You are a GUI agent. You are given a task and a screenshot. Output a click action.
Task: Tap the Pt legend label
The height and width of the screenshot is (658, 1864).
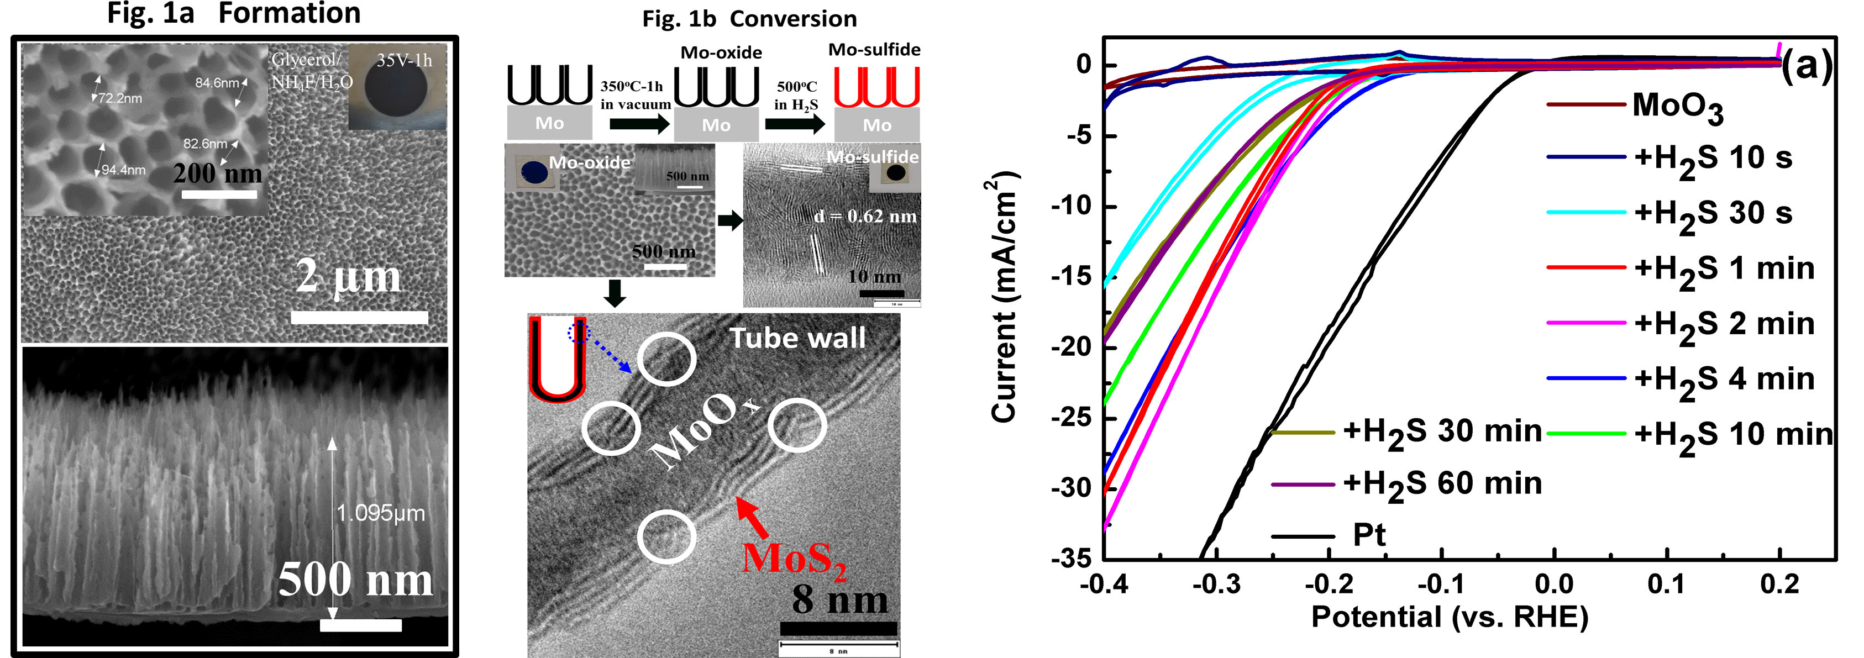[1369, 535]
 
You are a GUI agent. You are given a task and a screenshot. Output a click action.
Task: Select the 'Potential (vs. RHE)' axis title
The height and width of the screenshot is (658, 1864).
[1450, 617]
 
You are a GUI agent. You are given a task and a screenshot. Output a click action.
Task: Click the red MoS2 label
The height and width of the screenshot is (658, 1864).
[794, 559]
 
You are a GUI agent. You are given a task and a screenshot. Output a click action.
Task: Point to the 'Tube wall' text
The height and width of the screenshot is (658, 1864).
[797, 339]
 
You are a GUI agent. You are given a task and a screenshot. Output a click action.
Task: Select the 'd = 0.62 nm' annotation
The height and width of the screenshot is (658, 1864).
[865, 216]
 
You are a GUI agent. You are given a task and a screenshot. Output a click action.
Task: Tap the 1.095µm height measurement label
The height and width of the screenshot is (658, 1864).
[381, 513]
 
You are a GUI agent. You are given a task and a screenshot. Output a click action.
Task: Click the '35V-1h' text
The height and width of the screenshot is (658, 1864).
[405, 61]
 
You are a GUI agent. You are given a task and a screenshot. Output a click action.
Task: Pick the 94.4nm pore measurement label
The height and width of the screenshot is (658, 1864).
[123, 170]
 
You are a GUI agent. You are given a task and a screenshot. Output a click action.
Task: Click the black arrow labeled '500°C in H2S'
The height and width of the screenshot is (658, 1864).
[795, 124]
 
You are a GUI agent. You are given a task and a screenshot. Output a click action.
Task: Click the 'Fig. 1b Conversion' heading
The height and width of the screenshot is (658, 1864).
[749, 19]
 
